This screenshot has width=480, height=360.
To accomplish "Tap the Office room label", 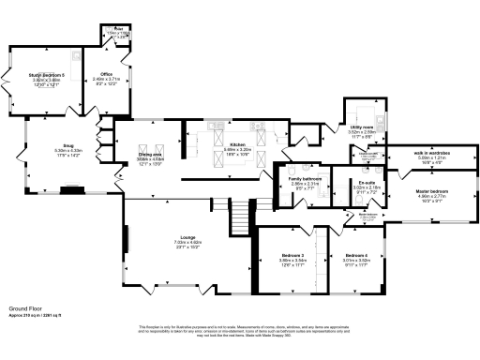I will point(97,72).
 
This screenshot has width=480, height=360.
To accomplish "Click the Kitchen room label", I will point(211,144).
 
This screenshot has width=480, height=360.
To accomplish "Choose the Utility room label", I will point(361,127).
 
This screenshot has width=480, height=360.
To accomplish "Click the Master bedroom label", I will point(432,191).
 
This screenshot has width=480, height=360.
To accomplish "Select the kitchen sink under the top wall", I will point(211,124).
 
